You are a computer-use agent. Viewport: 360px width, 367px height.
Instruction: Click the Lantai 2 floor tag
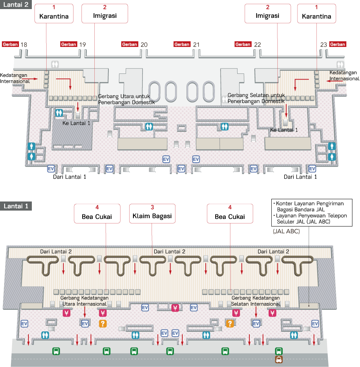point(16,6)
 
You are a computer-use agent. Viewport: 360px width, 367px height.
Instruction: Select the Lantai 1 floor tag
point(16,206)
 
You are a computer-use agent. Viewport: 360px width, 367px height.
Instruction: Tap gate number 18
point(24,45)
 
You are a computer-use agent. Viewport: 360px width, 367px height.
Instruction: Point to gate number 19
point(83,45)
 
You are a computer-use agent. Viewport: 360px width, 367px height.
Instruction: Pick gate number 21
point(196,45)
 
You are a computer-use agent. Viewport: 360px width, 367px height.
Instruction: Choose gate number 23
point(323,45)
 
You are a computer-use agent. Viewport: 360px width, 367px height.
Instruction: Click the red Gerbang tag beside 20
point(130,44)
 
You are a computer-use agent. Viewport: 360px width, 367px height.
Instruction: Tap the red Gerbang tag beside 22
point(243,44)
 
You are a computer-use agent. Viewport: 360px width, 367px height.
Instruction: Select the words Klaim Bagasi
point(152,216)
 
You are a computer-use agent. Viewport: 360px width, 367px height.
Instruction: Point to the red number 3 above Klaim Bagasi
point(152,208)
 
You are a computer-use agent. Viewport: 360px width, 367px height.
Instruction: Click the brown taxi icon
point(279,359)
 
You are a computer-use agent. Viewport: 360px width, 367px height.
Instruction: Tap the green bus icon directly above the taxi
point(279,351)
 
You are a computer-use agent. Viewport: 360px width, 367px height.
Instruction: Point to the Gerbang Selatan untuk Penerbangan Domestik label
point(256,98)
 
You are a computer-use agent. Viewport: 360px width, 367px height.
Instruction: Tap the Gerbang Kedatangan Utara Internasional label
point(84,301)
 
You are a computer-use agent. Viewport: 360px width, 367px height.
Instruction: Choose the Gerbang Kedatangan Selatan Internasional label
point(256,301)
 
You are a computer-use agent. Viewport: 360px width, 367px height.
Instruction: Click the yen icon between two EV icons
point(175,308)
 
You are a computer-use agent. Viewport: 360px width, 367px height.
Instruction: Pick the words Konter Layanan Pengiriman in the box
point(310,203)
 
